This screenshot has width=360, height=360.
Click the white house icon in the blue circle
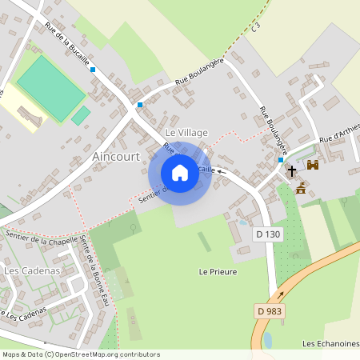pos(180,173)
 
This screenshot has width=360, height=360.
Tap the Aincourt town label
pos(117,156)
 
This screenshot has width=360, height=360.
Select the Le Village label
pos(186,131)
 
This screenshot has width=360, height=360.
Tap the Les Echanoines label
pos(330,343)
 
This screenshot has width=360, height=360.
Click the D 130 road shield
pos(268,234)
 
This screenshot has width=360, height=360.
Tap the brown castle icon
pos(313,165)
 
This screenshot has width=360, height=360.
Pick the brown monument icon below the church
pos(301,189)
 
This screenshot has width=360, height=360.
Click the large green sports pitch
pos(51,88)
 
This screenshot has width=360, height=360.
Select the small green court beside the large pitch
pos(81,116)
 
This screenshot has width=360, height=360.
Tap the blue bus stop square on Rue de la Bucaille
pos(94,70)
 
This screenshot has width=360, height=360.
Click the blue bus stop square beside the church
pos(280,160)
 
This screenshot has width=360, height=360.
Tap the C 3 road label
pos(256,28)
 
